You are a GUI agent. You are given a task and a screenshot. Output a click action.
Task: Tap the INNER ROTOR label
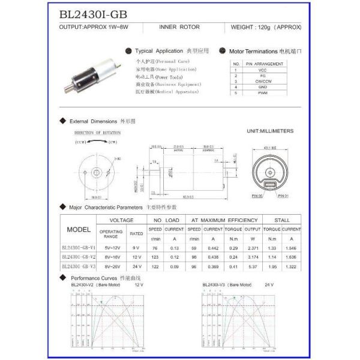[x=176, y=28]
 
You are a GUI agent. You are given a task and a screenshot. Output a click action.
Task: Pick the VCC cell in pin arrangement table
[x=263, y=70]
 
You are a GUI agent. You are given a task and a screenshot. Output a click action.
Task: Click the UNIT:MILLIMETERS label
[x=270, y=130]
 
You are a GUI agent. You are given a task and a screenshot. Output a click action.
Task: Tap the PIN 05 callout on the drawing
[x=257, y=196]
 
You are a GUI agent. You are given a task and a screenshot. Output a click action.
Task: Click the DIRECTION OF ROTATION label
[x=97, y=133]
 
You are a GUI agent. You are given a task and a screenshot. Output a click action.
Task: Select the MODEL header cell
[x=78, y=230]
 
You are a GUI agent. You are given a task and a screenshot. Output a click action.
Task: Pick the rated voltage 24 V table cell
[x=136, y=265]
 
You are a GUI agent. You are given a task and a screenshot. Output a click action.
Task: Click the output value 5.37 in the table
[x=253, y=265]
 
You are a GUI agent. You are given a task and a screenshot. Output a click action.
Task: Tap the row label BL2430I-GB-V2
[x=78, y=256]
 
